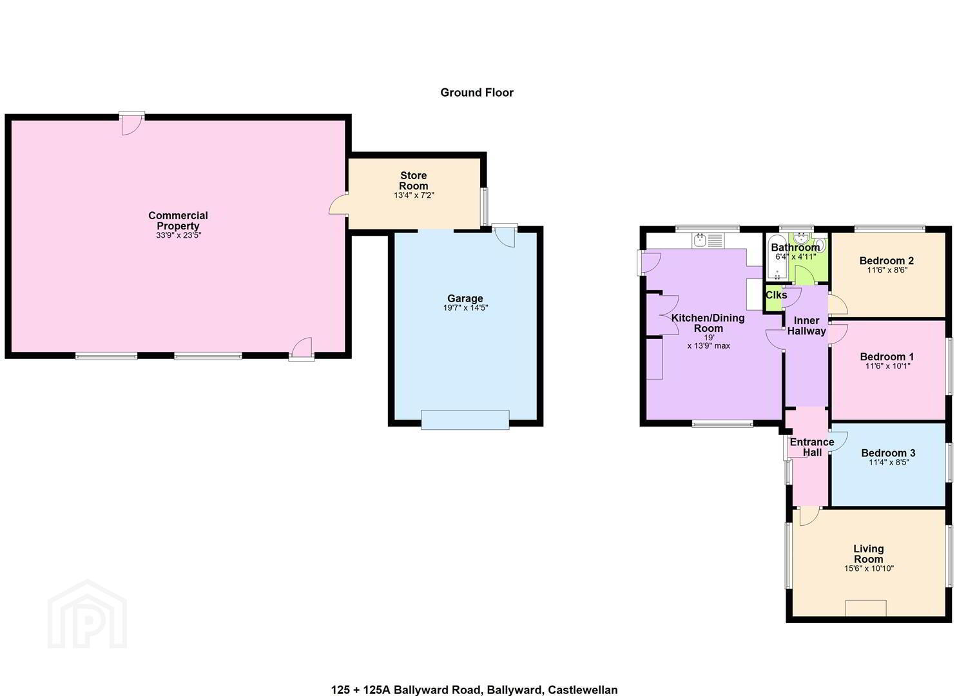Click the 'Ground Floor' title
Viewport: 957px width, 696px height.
pos(477,92)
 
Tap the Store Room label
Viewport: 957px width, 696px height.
pos(413,180)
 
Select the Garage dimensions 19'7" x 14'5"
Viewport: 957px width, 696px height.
pos(465,307)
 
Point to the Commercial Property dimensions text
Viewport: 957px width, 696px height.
pos(178,235)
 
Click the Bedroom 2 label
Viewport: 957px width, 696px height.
pos(887,260)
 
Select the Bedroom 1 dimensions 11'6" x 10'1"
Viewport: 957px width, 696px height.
pos(887,366)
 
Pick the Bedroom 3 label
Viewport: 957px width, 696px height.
pos(888,453)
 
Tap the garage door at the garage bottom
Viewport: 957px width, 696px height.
pos(465,419)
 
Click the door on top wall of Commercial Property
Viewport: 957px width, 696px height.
pos(131,124)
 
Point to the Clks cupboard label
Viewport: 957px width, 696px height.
pos(776,295)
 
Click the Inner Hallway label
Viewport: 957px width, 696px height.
pos(806,325)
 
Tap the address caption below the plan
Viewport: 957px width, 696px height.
pos(474,690)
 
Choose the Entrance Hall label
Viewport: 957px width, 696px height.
pos(812,447)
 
